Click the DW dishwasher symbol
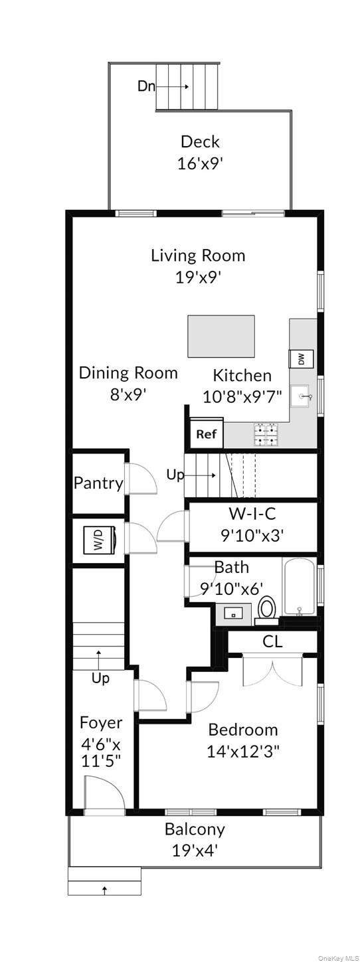(301, 359)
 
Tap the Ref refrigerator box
(206, 434)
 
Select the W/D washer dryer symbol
(100, 539)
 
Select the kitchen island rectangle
(221, 337)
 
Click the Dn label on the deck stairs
(146, 86)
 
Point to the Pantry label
(98, 483)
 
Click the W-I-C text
(252, 513)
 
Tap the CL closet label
(272, 641)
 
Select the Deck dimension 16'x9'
(200, 163)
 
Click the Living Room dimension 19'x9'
(198, 278)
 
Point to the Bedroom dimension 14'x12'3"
(243, 751)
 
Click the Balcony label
(195, 829)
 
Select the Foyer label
(101, 723)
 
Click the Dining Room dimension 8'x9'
(129, 394)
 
